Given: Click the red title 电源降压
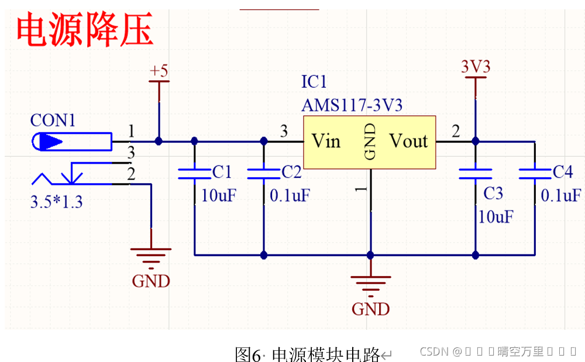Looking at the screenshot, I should [x=85, y=31].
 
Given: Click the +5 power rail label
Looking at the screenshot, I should [x=159, y=71].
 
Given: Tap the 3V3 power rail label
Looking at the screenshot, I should [x=475, y=67].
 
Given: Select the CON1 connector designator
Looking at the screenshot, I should [x=53, y=121].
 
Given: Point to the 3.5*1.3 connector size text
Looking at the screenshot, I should [x=56, y=202].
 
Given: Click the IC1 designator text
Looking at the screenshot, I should [x=314, y=81].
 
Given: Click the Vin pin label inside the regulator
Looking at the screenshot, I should [x=326, y=141].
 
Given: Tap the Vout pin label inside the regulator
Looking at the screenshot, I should [x=408, y=141].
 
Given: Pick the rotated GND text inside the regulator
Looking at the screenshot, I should [x=370, y=142].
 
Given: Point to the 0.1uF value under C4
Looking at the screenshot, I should [x=561, y=195].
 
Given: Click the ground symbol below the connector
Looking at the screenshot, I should [x=151, y=255].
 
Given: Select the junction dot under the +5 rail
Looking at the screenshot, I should [x=159, y=141].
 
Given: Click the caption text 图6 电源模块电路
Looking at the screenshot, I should [x=308, y=354].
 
